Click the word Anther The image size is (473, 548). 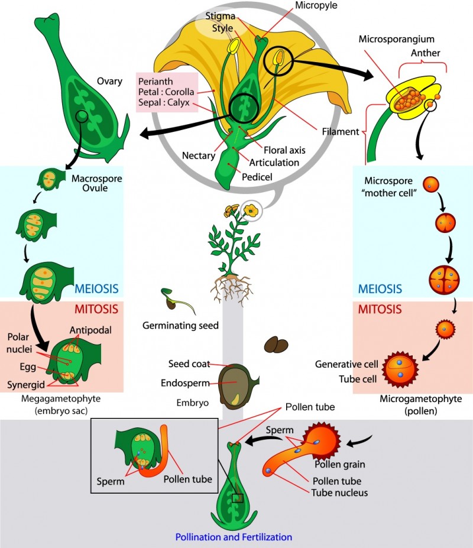(425, 53)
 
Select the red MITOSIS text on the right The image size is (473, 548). (380, 309)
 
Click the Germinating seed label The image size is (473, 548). (180, 325)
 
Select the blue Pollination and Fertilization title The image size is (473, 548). (234, 537)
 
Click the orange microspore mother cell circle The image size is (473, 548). (432, 184)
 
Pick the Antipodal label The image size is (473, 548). (89, 330)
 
